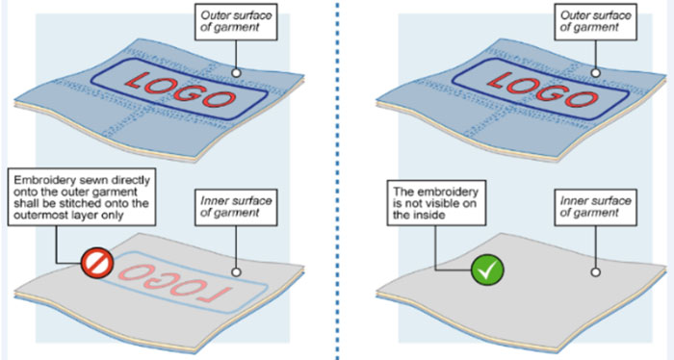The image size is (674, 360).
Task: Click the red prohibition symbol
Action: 97,263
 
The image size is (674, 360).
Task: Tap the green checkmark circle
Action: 487,270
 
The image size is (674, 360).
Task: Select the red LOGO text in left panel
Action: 181,90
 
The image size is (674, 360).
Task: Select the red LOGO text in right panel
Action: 543,90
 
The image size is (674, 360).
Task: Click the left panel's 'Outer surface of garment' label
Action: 236,21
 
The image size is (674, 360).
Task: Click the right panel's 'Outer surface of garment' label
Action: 595,21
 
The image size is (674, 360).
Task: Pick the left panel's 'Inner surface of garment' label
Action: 236,207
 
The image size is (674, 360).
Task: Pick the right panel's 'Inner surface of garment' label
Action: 595,207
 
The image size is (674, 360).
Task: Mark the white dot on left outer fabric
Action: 236,73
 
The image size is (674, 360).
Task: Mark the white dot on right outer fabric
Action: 595,73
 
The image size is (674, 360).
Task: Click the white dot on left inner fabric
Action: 236,272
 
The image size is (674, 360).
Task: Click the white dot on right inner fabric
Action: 595,272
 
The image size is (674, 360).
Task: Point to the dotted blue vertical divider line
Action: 337,180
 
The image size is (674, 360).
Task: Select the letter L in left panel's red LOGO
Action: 137,81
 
